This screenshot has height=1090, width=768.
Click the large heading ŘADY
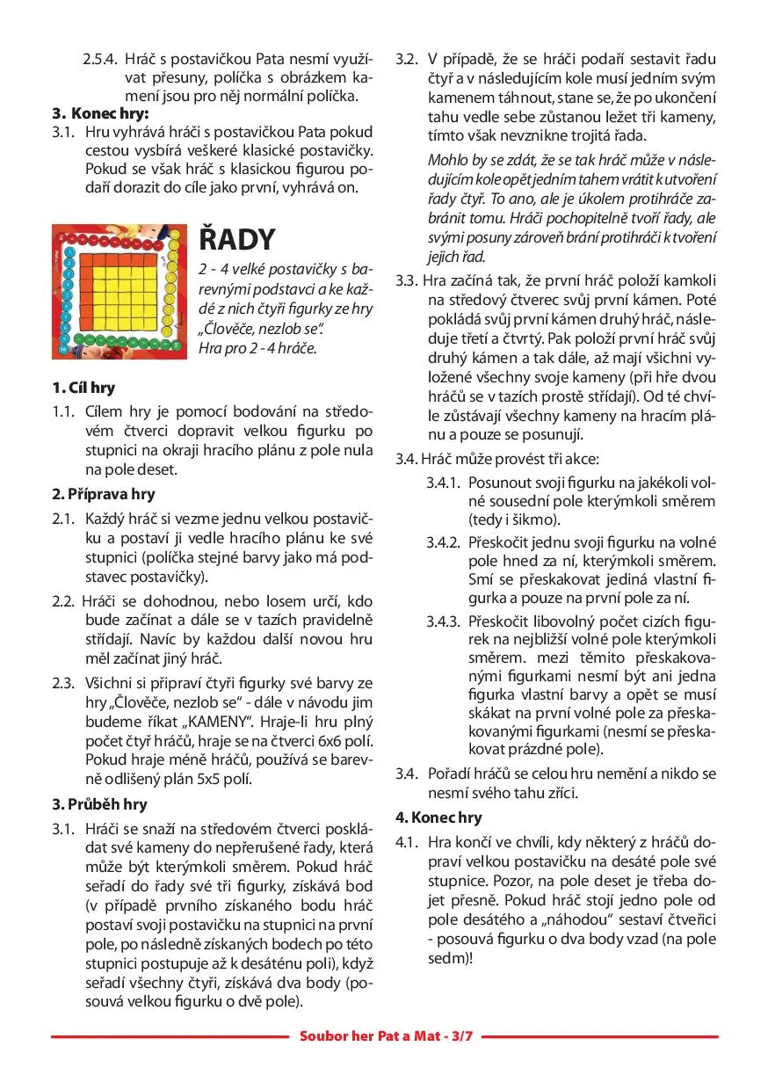[238, 238]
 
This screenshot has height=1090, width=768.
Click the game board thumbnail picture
[120, 291]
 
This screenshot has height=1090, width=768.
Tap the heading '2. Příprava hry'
[99, 493]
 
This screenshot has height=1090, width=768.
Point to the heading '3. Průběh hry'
[99, 804]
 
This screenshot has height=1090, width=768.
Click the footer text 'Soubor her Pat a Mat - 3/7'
[386, 1036]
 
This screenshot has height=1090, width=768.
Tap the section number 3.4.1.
[444, 483]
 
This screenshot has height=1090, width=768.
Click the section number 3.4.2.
[444, 541]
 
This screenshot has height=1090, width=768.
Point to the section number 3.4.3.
[444, 621]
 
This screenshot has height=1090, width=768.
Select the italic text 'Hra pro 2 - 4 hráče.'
[257, 347]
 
